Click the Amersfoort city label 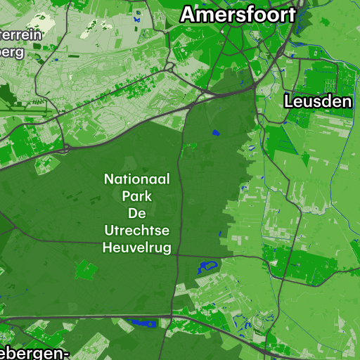238,13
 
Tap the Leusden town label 318,102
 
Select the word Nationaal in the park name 136,179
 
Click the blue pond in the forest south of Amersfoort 216,132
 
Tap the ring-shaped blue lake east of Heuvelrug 206,266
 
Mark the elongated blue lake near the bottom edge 143,323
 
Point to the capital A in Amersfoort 188,13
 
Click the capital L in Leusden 288,102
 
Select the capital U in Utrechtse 108,230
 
